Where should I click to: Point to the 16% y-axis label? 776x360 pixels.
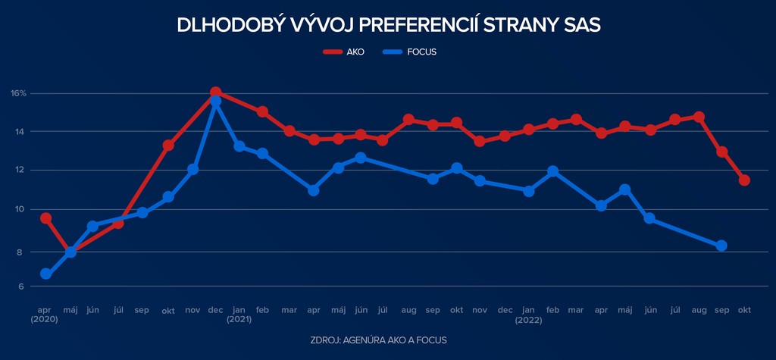tap(19, 93)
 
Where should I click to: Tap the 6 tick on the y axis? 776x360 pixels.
tap(21, 286)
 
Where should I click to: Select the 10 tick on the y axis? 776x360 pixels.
tap(20, 209)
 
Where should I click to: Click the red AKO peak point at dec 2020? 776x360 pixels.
tap(215, 92)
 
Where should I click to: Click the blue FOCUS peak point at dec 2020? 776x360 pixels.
tap(216, 102)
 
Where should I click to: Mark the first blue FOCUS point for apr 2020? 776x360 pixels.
tap(45, 274)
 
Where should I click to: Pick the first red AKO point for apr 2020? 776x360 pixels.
tap(45, 218)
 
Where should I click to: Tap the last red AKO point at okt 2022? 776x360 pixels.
tap(744, 180)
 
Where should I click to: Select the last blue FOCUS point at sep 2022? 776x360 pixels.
tap(721, 246)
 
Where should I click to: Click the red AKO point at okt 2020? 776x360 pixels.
tap(168, 146)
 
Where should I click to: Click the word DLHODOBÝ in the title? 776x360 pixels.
tap(220, 25)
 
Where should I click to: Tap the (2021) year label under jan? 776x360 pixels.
tap(239, 319)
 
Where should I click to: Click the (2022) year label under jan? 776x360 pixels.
tap(529, 319)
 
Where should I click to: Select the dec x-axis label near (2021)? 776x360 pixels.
tap(215, 310)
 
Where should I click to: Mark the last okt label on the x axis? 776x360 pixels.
tap(744, 310)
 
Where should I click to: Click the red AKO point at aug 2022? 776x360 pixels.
tap(699, 117)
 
